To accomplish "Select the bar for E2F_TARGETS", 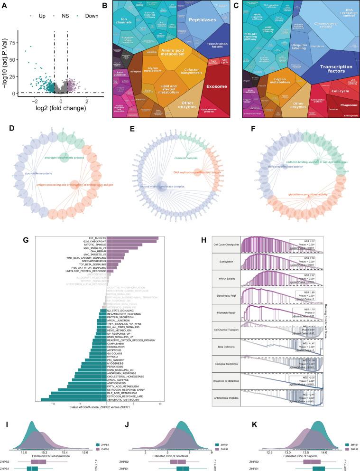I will (x=132, y=238).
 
